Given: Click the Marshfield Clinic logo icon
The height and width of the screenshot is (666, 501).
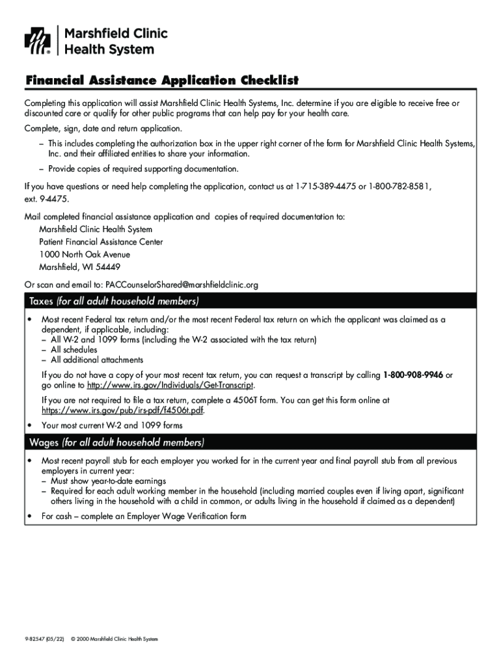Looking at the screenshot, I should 37,41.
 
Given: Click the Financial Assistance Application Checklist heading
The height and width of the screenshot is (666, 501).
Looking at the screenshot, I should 162,81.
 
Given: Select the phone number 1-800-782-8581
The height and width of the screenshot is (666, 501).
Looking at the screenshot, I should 399,186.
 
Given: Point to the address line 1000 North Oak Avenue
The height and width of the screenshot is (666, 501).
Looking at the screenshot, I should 85,254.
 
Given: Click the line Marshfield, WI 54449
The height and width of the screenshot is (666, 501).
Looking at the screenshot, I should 79,267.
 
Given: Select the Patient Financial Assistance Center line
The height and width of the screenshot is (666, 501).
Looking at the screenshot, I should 101,242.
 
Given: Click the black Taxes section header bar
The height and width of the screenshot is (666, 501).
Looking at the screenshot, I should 251,301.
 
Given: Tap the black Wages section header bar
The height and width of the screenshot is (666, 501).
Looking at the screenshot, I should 251,443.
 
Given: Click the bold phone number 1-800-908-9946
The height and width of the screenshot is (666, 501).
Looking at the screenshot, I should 413,375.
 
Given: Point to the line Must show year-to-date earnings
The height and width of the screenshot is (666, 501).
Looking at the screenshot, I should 107,481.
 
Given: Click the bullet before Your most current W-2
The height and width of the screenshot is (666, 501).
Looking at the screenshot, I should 29,425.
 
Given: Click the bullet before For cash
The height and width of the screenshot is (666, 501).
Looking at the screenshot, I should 29,516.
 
